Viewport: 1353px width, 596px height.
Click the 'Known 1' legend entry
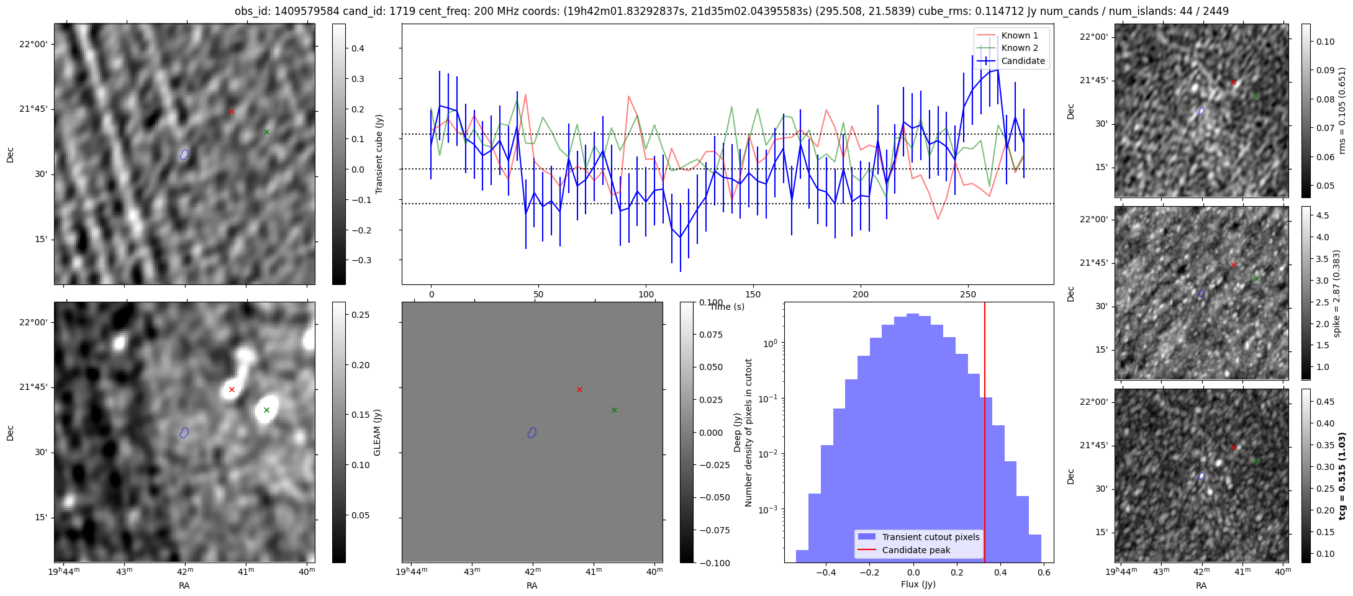tap(1019, 35)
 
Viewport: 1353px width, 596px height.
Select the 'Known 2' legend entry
tap(1019, 48)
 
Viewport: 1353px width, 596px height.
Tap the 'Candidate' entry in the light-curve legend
tap(1023, 61)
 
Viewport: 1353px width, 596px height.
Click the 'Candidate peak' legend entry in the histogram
tap(916, 550)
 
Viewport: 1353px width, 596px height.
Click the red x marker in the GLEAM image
tap(232, 390)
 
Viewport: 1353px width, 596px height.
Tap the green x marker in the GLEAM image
tap(266, 410)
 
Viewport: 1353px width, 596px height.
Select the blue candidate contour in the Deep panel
tap(532, 433)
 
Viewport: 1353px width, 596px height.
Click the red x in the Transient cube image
tap(232, 112)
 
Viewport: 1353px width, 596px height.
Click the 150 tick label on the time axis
tap(753, 294)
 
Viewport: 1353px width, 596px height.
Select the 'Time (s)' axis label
tap(727, 307)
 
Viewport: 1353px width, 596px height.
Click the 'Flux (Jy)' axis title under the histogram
tap(918, 584)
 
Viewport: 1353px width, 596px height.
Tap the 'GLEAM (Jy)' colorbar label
tap(377, 433)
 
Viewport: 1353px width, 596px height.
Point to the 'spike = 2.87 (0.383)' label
tap(1336, 294)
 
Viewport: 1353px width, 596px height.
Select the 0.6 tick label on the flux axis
tap(1043, 572)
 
